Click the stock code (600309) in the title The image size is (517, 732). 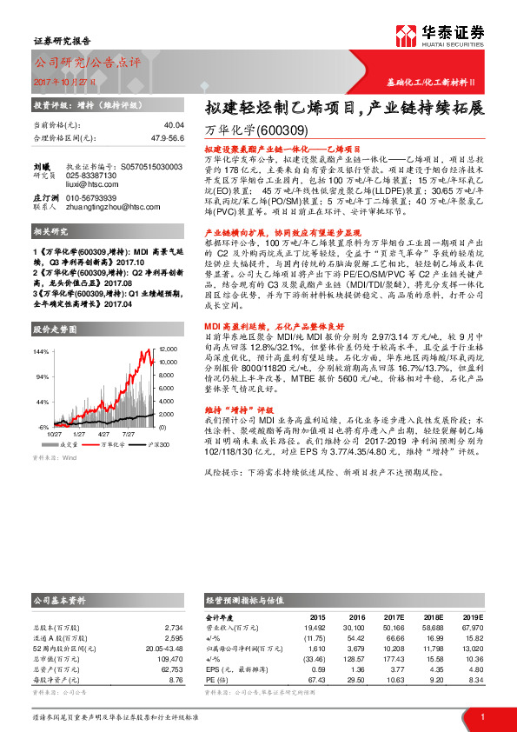pos(283,130)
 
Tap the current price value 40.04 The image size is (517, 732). pos(173,125)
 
